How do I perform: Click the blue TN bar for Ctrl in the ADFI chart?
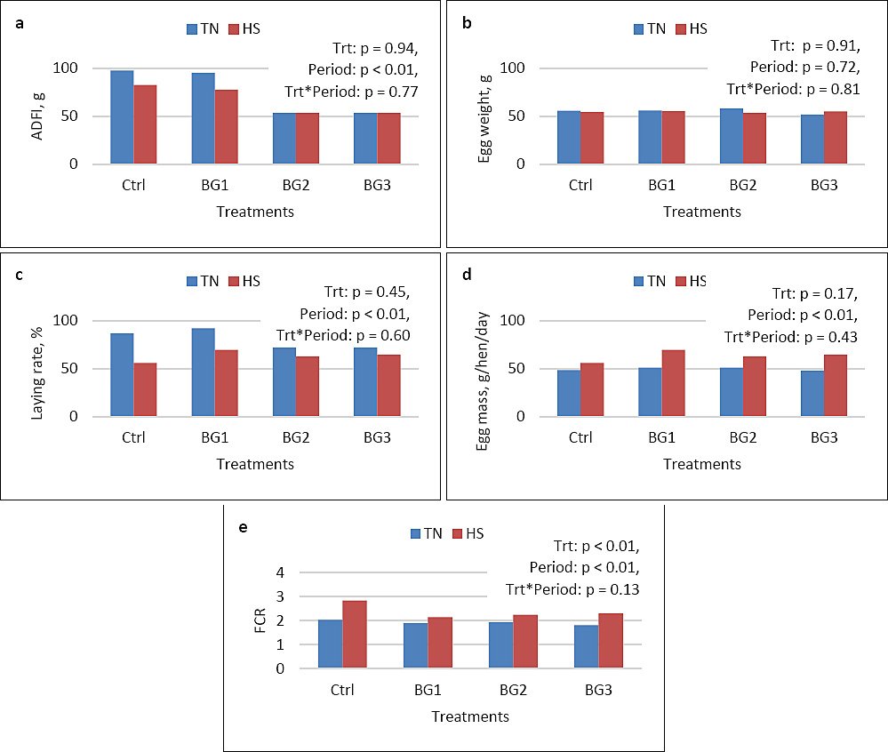click(x=122, y=117)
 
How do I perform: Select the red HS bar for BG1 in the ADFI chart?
click(x=227, y=127)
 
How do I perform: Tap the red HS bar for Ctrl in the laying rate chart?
click(x=145, y=389)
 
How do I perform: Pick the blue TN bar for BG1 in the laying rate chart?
click(x=204, y=372)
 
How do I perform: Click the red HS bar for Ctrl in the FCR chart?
click(x=355, y=634)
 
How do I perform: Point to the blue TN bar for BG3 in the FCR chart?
click(x=587, y=647)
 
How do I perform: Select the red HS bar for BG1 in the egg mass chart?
click(x=674, y=383)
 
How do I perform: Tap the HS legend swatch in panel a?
click(x=234, y=29)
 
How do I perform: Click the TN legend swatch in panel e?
click(x=416, y=534)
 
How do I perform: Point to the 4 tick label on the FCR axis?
click(x=280, y=572)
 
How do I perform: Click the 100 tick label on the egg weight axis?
click(x=513, y=68)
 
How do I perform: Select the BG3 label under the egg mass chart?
click(x=824, y=437)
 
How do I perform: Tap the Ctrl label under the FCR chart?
click(x=342, y=690)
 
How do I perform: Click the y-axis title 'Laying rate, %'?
click(x=36, y=373)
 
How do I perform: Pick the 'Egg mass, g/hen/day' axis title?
click(x=483, y=381)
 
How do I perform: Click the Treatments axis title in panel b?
click(x=702, y=212)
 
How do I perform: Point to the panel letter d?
click(x=468, y=275)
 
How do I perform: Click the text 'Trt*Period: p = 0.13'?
click(x=572, y=589)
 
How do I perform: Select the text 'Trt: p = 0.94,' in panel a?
click(x=375, y=49)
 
